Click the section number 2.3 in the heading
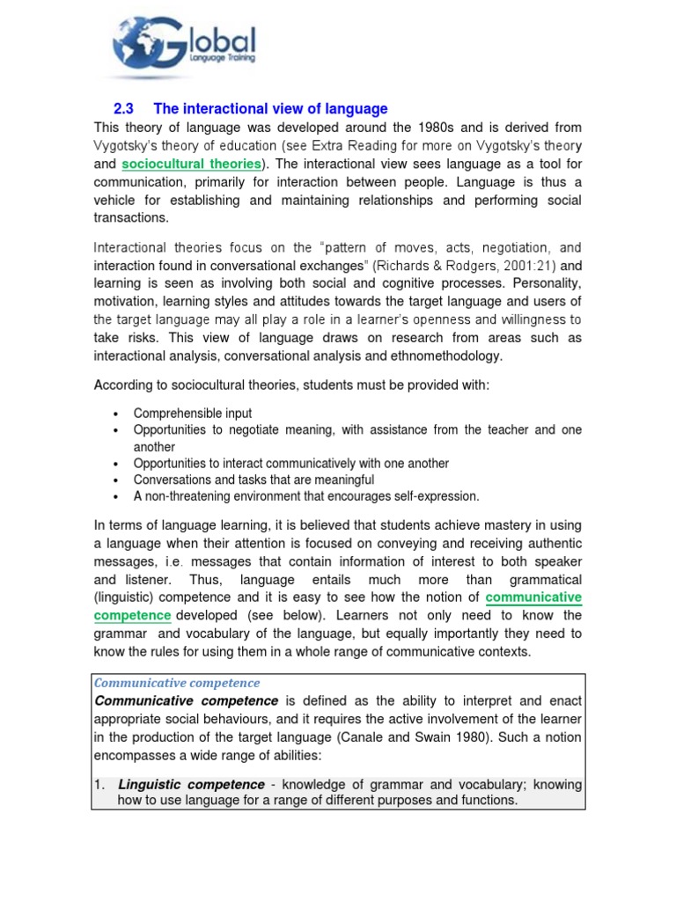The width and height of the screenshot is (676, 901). [x=124, y=109]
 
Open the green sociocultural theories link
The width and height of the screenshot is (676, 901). [x=191, y=164]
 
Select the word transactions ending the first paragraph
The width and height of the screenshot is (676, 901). [x=131, y=218]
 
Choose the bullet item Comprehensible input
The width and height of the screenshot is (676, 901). [x=193, y=414]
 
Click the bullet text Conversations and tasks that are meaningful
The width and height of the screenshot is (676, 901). [x=253, y=480]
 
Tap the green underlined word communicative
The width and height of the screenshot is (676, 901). [x=534, y=597]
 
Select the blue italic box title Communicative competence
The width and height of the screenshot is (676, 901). [x=177, y=683]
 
